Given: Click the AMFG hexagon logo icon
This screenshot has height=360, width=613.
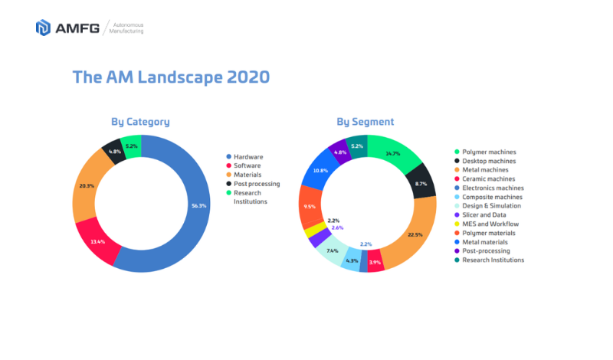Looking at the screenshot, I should [44, 28].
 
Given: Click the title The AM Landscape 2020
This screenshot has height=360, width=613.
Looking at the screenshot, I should [170, 77].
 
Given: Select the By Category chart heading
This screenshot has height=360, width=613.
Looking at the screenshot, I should [140, 122].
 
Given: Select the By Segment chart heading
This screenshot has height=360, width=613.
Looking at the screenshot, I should [366, 122].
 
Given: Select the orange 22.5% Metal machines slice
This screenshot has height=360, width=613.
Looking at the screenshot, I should [413, 235].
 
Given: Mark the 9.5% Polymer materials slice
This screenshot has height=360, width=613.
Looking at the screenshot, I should [310, 206].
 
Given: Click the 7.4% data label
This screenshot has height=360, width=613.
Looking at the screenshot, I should [332, 250].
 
